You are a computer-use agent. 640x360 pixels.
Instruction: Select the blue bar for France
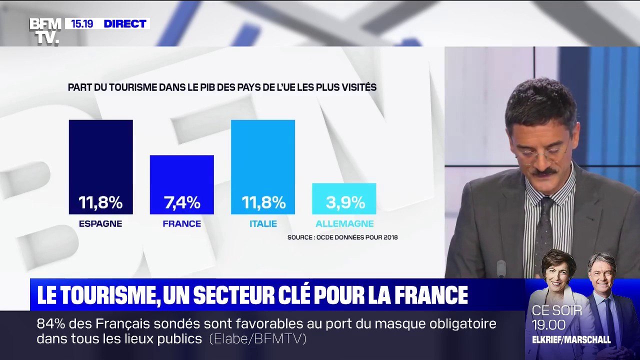click(x=181, y=175)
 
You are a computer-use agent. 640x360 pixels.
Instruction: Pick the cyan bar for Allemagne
click(x=344, y=190)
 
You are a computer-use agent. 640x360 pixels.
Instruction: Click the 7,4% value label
click(x=182, y=202)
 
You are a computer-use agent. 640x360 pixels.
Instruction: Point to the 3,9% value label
click(x=345, y=202)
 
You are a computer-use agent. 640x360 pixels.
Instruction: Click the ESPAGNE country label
click(x=100, y=224)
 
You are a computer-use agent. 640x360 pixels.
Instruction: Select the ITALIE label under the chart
click(x=263, y=224)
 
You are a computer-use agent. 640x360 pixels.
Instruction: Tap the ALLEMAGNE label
click(x=344, y=224)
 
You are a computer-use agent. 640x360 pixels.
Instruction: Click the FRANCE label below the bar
click(x=181, y=224)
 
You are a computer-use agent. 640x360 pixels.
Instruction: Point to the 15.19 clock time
click(x=81, y=23)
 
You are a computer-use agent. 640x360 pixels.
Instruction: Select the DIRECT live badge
click(x=125, y=23)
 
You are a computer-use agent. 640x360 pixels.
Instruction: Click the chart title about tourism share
click(x=222, y=87)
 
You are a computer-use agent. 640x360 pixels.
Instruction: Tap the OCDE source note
click(x=342, y=237)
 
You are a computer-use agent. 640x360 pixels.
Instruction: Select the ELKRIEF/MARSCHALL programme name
click(x=571, y=340)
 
